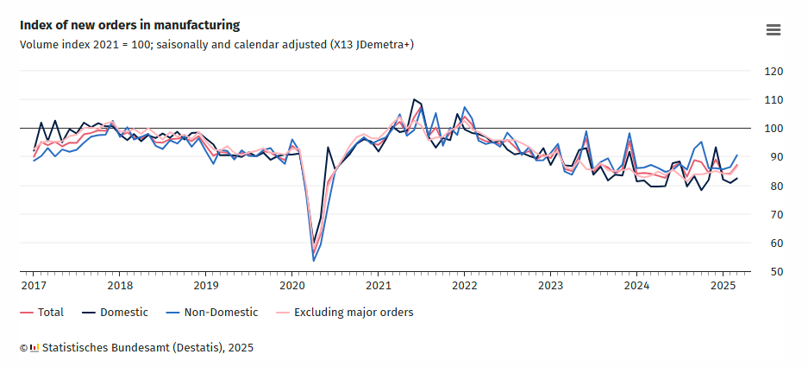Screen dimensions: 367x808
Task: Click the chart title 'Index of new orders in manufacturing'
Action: click(129, 25)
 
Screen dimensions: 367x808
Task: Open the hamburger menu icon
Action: click(774, 30)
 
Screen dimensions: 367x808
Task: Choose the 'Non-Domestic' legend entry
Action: click(215, 313)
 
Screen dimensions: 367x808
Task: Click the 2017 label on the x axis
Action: click(34, 285)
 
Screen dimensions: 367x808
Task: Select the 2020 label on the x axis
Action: click(291, 285)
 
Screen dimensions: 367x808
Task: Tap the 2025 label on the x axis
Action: click(723, 285)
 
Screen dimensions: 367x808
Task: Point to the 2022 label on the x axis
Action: click(464, 285)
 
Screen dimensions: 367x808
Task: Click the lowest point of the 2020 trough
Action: click(313, 260)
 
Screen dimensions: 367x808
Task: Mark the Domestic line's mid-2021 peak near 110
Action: click(414, 100)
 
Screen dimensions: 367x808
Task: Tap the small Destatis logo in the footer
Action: click(34, 348)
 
